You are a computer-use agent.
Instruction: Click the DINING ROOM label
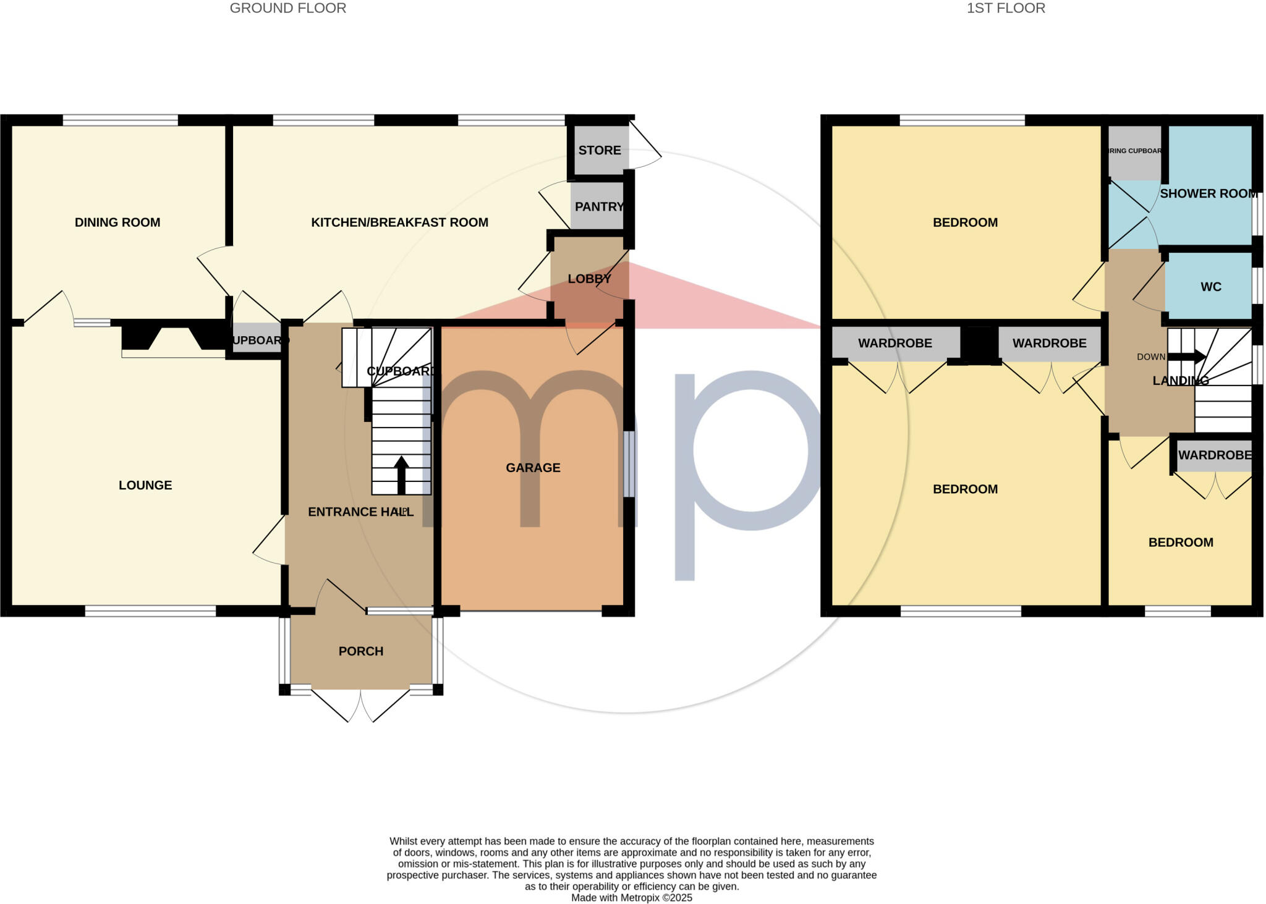click(x=117, y=222)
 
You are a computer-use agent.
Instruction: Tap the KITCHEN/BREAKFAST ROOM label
click(x=399, y=222)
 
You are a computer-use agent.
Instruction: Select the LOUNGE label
click(x=145, y=485)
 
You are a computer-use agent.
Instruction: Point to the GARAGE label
click(x=533, y=468)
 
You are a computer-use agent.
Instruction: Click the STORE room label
click(x=600, y=150)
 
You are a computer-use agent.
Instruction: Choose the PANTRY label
click(x=598, y=206)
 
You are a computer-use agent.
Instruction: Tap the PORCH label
click(x=361, y=651)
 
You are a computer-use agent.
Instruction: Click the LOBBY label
click(x=589, y=279)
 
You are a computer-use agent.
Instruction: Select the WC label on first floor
click(x=1211, y=287)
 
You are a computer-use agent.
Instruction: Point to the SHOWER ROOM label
click(x=1209, y=193)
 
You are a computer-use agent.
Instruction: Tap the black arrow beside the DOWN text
click(x=1186, y=357)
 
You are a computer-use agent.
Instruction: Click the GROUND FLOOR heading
click(x=288, y=8)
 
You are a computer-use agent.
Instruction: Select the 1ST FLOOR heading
click(x=1006, y=8)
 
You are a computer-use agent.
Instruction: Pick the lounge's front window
click(x=150, y=611)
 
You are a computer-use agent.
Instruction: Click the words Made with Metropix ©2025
click(x=631, y=898)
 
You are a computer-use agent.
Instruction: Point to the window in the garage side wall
click(x=629, y=463)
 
